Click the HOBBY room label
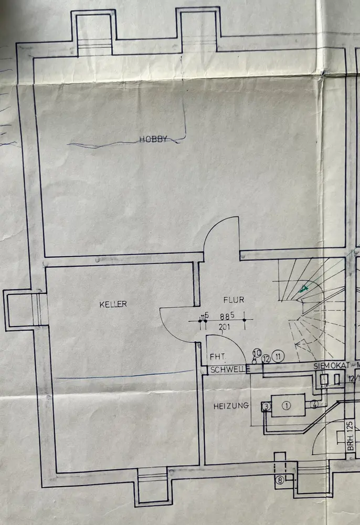point(153,139)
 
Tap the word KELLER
point(113,304)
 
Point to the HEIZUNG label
point(230,406)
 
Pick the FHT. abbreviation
point(218,356)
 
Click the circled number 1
point(287,405)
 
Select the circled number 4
point(314,405)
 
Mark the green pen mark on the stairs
point(303,288)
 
